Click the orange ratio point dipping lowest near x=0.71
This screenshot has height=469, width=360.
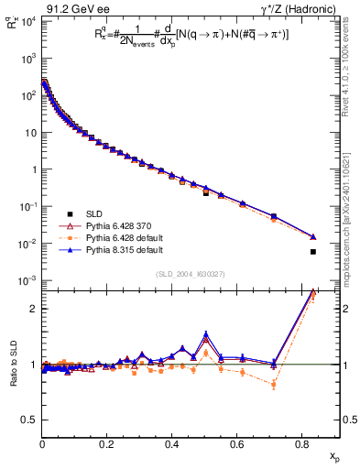click(274, 384)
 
